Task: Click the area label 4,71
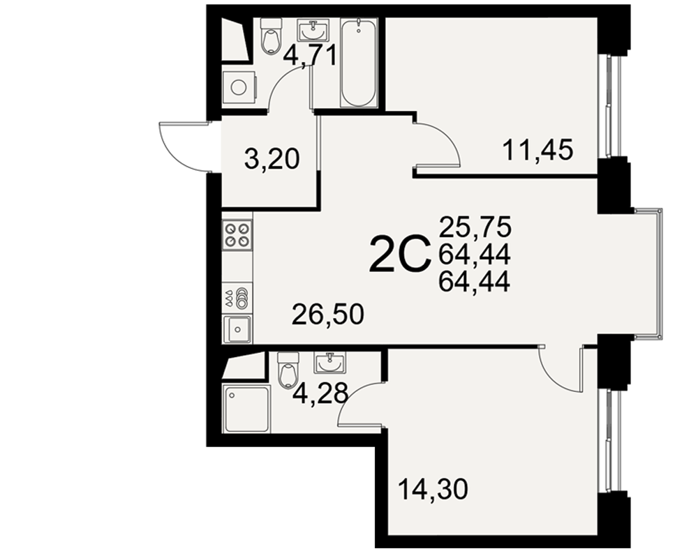click(x=311, y=54)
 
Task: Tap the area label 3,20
click(x=272, y=159)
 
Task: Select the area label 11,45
click(x=537, y=150)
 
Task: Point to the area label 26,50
click(x=327, y=315)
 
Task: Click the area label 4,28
click(x=321, y=393)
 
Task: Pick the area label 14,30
click(x=433, y=489)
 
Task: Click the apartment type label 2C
click(x=400, y=254)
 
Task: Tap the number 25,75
click(x=475, y=227)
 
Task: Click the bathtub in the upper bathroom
click(x=359, y=62)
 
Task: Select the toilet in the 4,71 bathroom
click(x=271, y=36)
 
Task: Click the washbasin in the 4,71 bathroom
click(x=313, y=30)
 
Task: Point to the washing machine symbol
click(x=239, y=88)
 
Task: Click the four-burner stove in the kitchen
click(x=237, y=235)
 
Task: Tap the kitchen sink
click(x=237, y=329)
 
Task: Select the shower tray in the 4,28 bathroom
click(x=247, y=409)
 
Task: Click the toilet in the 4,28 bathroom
click(x=287, y=370)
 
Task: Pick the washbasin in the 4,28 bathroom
click(x=329, y=363)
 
